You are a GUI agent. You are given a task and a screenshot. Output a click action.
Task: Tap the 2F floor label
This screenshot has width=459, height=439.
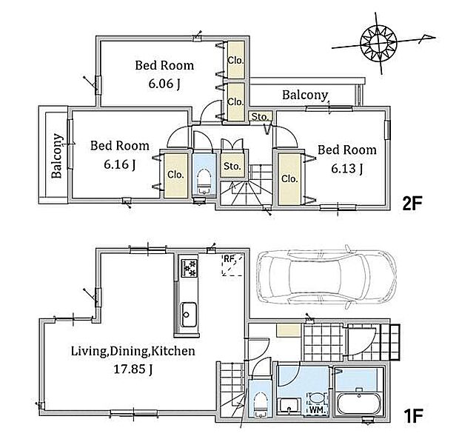(412, 204)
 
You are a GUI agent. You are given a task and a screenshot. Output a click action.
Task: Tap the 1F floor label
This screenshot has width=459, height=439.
(412, 416)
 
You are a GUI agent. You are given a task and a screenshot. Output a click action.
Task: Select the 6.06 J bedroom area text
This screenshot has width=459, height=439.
(164, 84)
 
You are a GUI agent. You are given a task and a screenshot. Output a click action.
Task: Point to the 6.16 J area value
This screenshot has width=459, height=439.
(120, 164)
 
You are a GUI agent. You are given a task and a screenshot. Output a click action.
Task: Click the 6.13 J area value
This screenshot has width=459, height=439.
(347, 169)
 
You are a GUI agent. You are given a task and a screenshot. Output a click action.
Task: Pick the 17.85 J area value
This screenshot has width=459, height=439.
(133, 369)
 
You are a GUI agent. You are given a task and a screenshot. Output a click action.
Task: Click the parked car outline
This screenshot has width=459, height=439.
(326, 277)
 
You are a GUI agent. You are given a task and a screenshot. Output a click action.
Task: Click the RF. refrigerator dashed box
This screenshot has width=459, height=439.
(232, 265)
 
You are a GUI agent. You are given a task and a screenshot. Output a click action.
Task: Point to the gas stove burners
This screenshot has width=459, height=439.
(190, 268)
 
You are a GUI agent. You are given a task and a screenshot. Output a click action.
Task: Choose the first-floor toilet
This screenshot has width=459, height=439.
(260, 404)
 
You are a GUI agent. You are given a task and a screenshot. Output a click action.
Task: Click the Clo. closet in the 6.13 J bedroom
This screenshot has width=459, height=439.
(289, 178)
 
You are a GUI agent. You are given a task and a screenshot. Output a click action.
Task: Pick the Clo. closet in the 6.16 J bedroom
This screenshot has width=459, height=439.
(175, 175)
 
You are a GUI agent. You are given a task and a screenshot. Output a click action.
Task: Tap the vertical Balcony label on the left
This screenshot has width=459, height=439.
(57, 155)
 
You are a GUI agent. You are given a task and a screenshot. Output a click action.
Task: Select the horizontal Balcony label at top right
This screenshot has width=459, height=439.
(305, 95)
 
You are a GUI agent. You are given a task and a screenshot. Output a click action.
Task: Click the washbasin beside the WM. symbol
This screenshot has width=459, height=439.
(289, 406)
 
